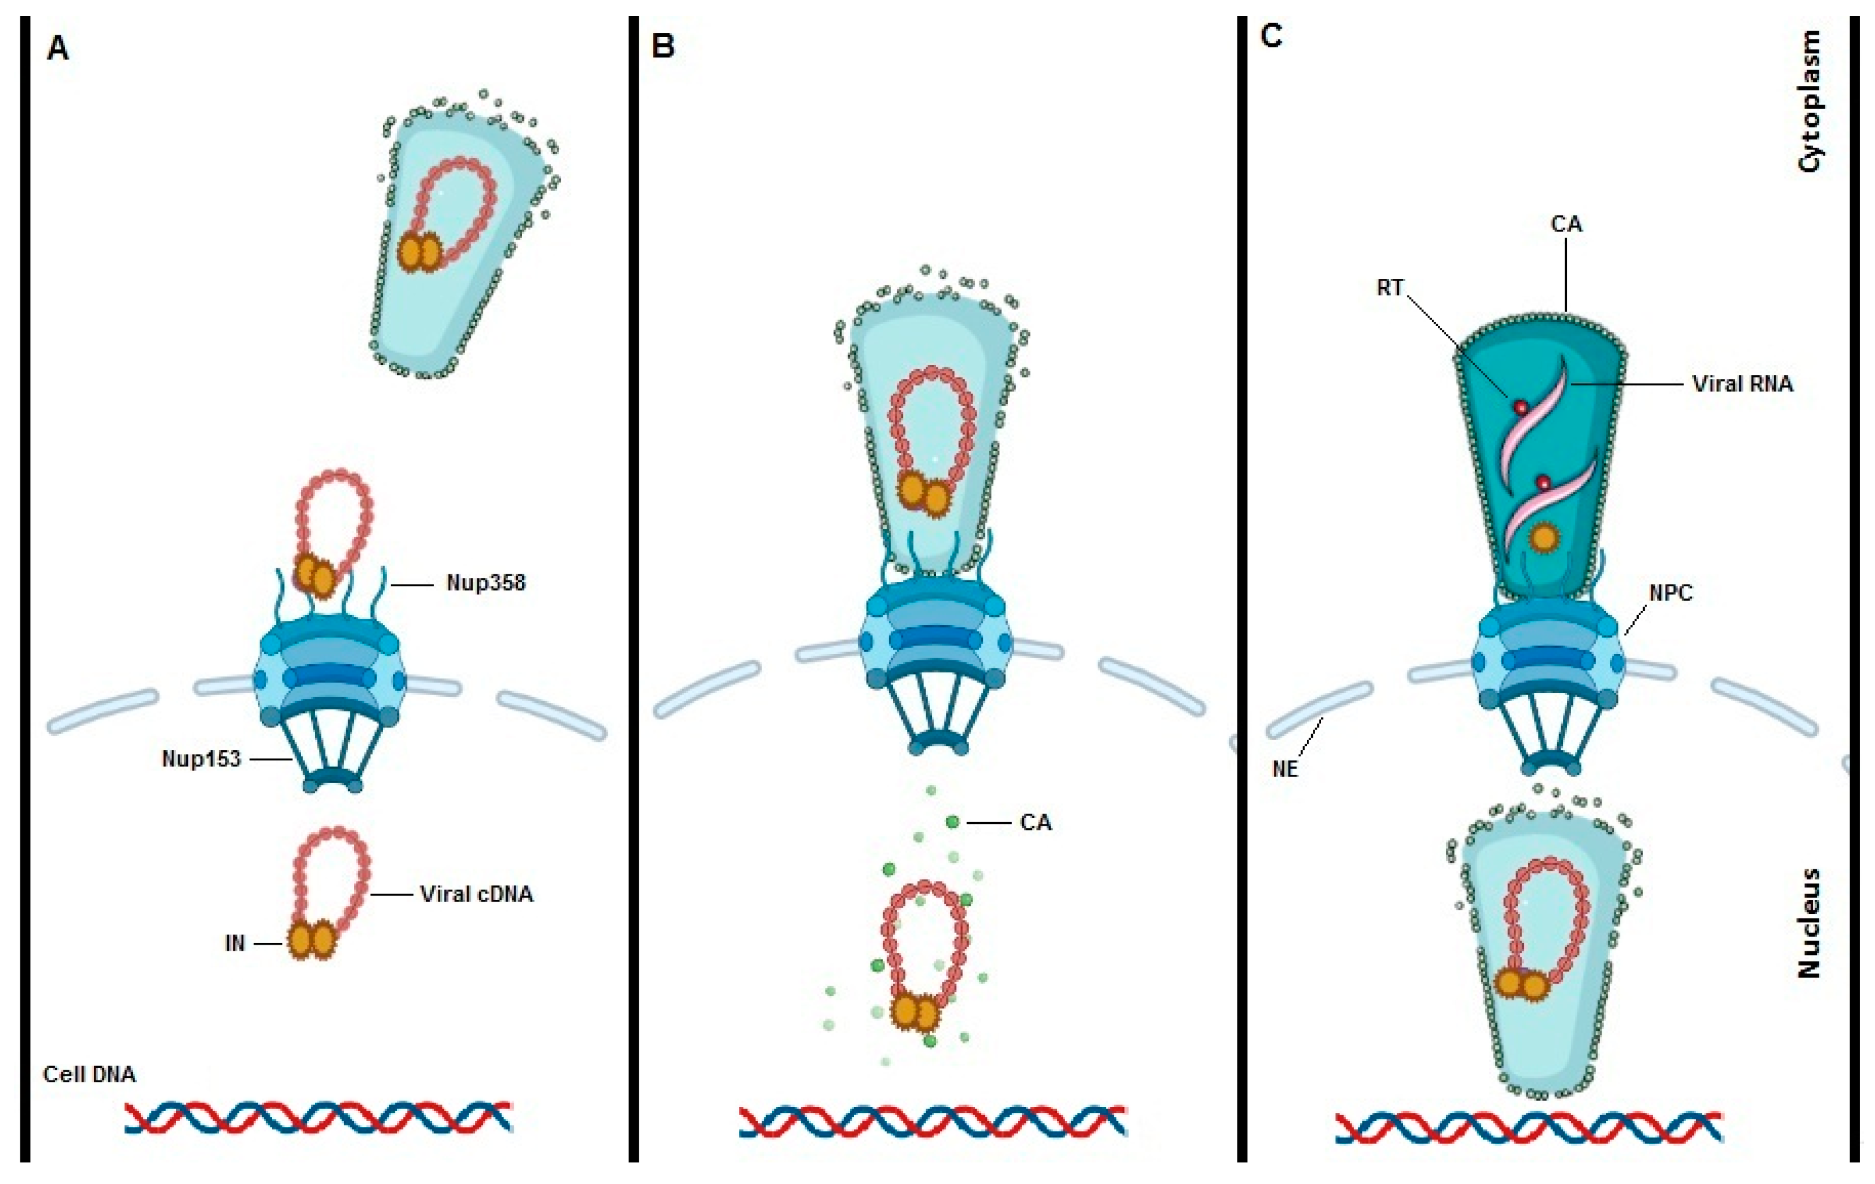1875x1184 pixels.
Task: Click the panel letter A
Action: pos(57,49)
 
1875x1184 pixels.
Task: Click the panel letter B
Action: pos(663,47)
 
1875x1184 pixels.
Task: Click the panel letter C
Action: pos(1271,36)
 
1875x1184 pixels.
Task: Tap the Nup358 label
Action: pos(486,583)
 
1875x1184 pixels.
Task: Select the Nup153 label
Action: pos(201,759)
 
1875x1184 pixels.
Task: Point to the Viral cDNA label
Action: pos(477,894)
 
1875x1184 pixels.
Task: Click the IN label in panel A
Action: pos(234,943)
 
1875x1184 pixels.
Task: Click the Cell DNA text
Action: pos(89,1075)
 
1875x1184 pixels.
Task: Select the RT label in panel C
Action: pos(1390,288)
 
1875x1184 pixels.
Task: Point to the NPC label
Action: pos(1670,593)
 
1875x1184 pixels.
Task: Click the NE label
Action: pos(1285,769)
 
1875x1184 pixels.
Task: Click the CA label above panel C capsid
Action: pos(1566,224)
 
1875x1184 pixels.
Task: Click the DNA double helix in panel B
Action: pos(932,1122)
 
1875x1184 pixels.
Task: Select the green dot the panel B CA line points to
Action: pos(952,822)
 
